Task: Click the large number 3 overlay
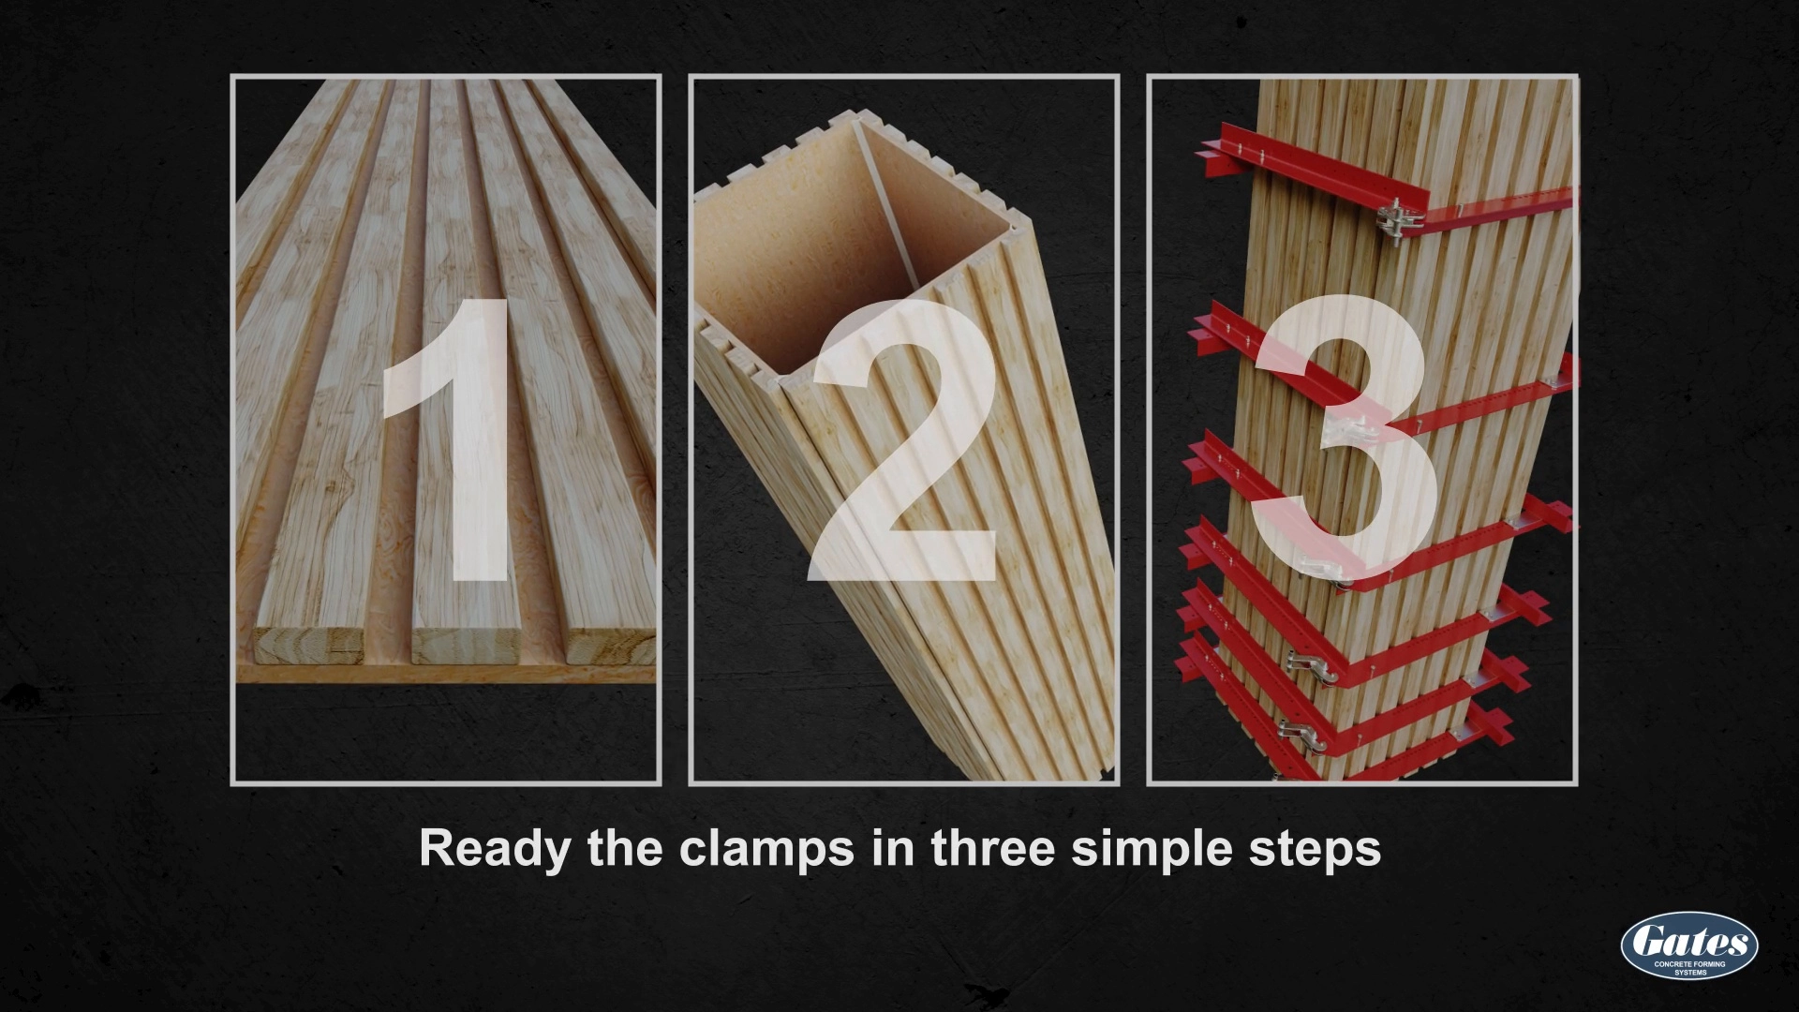[1345, 440]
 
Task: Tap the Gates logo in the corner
[1688, 945]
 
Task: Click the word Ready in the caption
[494, 848]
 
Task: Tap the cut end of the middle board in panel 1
[465, 647]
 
